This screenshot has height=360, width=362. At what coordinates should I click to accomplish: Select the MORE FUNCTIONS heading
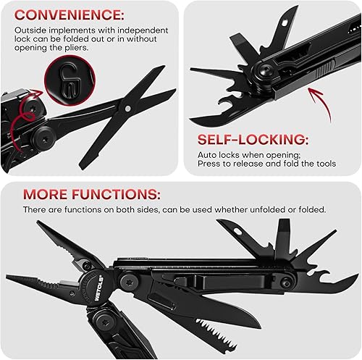92,195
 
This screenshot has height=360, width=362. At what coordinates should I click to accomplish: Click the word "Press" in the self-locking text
210,164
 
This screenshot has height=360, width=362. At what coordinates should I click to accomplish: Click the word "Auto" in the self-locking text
209,155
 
